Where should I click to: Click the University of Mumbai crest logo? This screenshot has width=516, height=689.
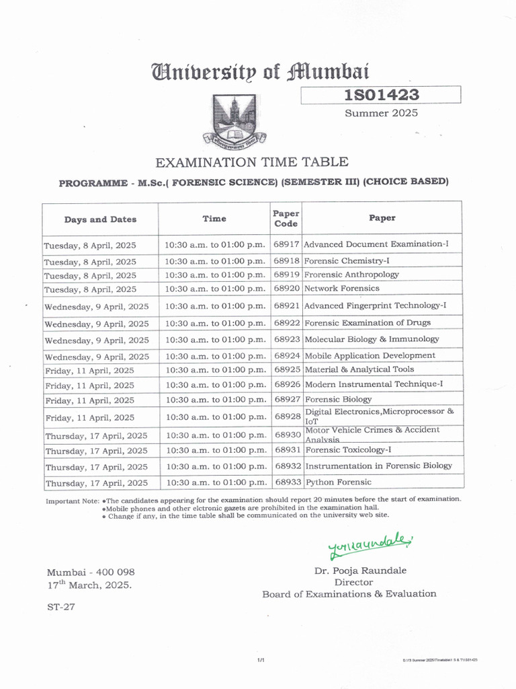click(234, 119)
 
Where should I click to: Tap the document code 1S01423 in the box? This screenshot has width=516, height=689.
click(380, 95)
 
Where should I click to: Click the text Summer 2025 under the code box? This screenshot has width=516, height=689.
click(381, 113)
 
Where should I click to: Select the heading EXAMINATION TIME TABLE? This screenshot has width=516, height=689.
click(252, 162)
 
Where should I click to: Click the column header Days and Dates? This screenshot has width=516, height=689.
click(100, 219)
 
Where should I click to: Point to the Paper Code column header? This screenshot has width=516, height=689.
click(286, 219)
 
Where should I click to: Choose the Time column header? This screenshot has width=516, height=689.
click(214, 219)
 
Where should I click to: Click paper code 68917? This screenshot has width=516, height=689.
click(286, 244)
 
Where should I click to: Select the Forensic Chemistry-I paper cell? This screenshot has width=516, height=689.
click(347, 261)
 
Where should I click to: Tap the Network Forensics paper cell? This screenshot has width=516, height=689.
click(341, 289)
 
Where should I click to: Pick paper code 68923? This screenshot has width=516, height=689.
click(286, 340)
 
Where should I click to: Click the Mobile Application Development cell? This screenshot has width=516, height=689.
click(370, 356)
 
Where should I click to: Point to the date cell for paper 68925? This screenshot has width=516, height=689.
click(89, 371)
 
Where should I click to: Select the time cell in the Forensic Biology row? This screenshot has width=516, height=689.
click(215, 400)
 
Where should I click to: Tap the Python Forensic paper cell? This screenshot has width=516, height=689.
click(337, 482)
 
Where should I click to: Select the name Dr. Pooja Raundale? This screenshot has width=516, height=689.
click(360, 571)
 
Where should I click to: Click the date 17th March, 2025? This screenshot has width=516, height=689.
click(89, 585)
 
